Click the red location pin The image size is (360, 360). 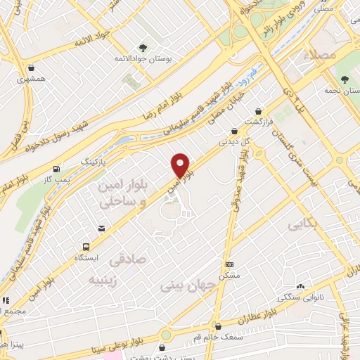click(181, 165)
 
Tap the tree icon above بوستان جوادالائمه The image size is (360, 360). click(143, 48)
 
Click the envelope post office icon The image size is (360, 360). click(102, 229)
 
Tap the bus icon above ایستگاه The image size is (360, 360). click(86, 247)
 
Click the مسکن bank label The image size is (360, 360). click(229, 275)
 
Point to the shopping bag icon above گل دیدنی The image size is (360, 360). click(234, 130)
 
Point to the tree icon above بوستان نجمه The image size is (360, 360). click(345, 79)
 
